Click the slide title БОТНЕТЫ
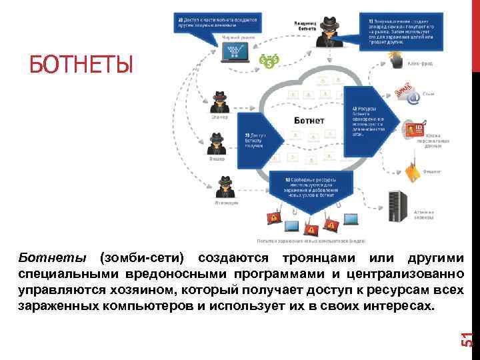point(81,65)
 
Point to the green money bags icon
point(271,62)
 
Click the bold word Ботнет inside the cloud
point(309,121)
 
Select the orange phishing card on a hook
point(413,171)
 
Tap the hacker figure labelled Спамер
point(219,103)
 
